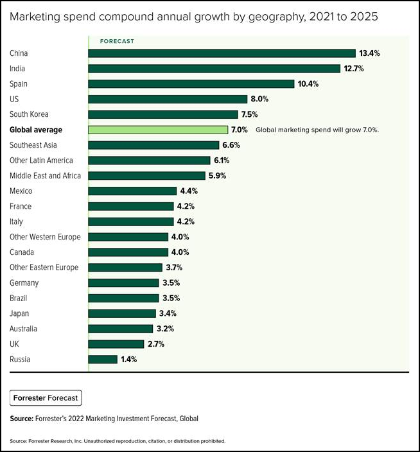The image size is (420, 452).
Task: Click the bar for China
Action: pyautogui.click(x=222, y=53)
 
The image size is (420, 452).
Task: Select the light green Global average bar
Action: pyautogui.click(x=158, y=130)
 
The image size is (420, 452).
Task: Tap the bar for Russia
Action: pyautogui.click(x=103, y=360)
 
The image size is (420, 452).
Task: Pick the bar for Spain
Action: pyautogui.click(x=191, y=84)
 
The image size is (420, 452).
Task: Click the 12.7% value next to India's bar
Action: pyautogui.click(x=354, y=69)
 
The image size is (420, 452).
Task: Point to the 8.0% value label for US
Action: pyautogui.click(x=260, y=100)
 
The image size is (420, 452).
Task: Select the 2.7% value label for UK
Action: pyautogui.click(x=156, y=344)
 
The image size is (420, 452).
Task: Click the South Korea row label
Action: pyautogui.click(x=29, y=114)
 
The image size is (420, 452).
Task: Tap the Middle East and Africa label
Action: pyautogui.click(x=46, y=176)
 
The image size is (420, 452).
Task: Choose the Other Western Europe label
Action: pyautogui.click(x=46, y=237)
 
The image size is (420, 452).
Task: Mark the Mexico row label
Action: pyautogui.click(x=21, y=191)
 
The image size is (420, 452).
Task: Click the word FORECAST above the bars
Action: pyautogui.click(x=117, y=41)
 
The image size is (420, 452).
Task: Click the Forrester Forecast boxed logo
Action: pyautogui.click(x=46, y=398)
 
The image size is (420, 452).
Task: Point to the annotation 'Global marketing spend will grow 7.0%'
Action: pyautogui.click(x=317, y=130)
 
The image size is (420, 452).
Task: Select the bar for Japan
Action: pyautogui.click(x=122, y=313)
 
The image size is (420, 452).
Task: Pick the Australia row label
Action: pyautogui.click(x=24, y=329)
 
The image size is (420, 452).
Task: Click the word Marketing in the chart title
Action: pyautogui.click(x=35, y=17)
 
